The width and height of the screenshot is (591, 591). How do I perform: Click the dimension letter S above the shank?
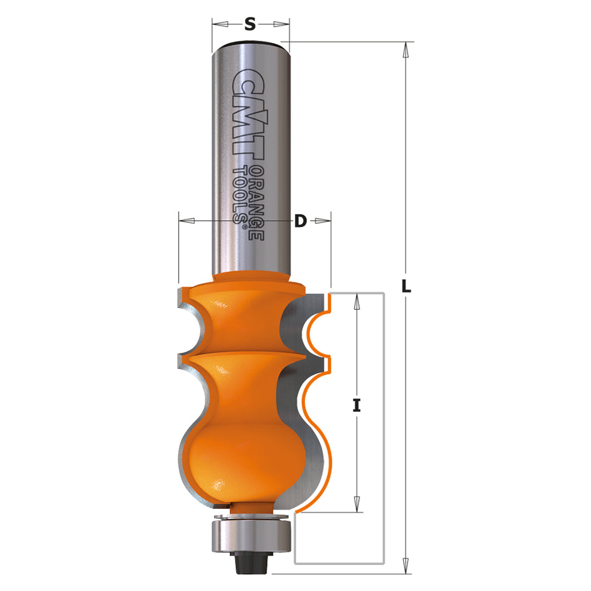click(x=250, y=24)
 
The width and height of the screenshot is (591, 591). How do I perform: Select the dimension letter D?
click(x=300, y=220)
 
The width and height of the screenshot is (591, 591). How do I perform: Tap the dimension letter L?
click(x=406, y=288)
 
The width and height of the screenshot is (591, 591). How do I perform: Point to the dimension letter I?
click(x=356, y=406)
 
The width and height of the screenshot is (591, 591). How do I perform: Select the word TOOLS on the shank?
click(x=239, y=193)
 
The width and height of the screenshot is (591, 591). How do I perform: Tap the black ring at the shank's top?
click(x=250, y=43)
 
